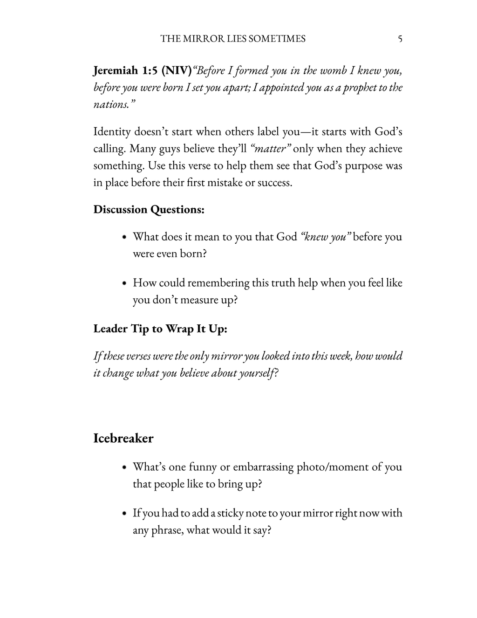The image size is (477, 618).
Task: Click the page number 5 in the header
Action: point(400,39)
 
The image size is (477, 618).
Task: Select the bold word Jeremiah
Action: point(116,70)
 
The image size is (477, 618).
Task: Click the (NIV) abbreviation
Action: point(177,70)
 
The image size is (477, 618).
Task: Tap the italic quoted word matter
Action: point(271,149)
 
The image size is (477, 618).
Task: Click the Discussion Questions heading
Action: point(149,210)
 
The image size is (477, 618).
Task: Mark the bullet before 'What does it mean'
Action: point(124,237)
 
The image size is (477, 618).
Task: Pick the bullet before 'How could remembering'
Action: point(124,283)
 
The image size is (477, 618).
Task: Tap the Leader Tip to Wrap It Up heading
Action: point(160,329)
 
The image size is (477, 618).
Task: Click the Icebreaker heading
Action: point(123,439)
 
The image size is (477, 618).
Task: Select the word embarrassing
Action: point(263,467)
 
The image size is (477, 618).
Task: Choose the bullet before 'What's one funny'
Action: point(124,467)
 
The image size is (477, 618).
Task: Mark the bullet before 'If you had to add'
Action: point(124,514)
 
